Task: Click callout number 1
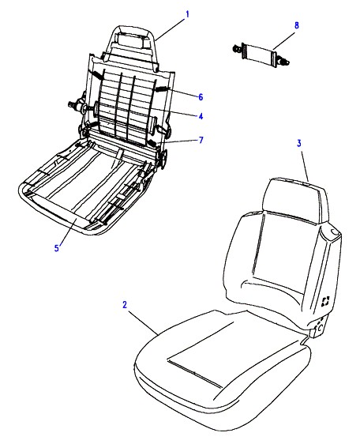(x=187, y=14)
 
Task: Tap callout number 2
(x=125, y=305)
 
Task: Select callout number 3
(x=299, y=143)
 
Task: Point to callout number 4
(x=201, y=116)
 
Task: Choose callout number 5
(x=57, y=248)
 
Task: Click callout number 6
(x=201, y=97)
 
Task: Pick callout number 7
(x=201, y=140)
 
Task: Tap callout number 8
(x=297, y=25)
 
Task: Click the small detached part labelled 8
(x=261, y=55)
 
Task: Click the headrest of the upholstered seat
(x=297, y=200)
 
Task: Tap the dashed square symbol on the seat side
(x=325, y=301)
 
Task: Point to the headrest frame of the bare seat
(x=131, y=47)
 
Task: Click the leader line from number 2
(x=143, y=322)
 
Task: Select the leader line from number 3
(x=304, y=165)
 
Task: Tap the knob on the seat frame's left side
(x=77, y=107)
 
